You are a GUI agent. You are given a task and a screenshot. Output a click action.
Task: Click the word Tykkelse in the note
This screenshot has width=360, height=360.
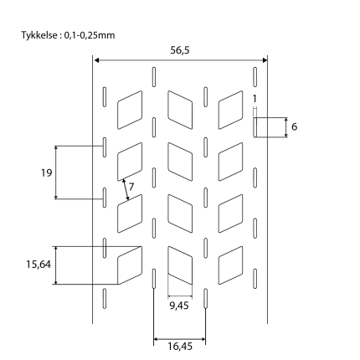click(39, 35)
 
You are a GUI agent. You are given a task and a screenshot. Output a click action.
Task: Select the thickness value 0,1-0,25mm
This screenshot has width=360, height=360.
click(90, 35)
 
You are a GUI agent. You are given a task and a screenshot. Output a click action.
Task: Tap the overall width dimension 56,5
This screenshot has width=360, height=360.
click(180, 50)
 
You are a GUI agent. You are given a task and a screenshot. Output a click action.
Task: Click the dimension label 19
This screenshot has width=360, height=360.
click(47, 173)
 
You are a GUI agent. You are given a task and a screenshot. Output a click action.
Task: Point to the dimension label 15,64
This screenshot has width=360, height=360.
click(39, 265)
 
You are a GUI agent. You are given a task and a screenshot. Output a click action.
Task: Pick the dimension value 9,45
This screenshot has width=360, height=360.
click(179, 306)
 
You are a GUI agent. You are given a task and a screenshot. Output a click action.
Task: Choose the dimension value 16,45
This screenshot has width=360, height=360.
click(180, 347)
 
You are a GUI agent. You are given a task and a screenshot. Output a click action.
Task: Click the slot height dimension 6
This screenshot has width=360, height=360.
click(295, 127)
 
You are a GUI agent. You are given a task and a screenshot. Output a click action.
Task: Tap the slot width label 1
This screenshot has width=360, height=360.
click(255, 99)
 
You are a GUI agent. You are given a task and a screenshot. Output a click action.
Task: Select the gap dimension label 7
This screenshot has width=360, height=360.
click(131, 187)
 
